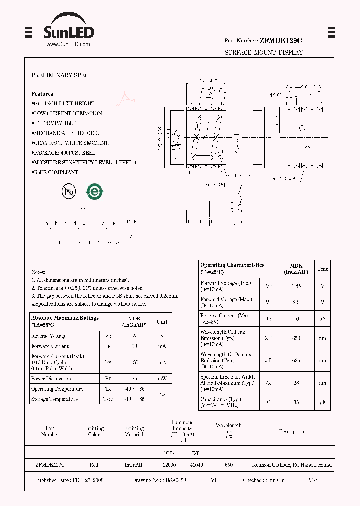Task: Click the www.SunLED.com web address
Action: point(68,44)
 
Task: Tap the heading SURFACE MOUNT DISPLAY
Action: point(263,52)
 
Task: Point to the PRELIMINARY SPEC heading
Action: point(60,75)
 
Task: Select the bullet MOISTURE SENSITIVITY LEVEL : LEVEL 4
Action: point(85,163)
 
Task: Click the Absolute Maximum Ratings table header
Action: point(65,321)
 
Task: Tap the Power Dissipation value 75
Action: point(134,379)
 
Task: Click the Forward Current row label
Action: point(50,346)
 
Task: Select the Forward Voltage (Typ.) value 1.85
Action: point(296,286)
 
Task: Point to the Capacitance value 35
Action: point(296,402)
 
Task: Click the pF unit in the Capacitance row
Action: point(322,402)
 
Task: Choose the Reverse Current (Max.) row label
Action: point(225,319)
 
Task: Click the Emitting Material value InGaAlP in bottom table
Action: point(134,465)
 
